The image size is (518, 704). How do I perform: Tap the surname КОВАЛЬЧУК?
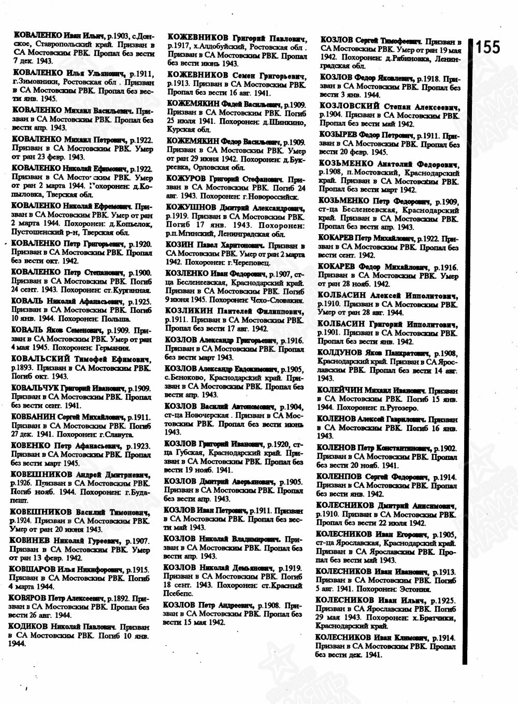click(x=34, y=388)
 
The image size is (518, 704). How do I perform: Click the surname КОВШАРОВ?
click(x=31, y=568)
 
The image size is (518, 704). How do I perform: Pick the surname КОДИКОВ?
click(x=28, y=626)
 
